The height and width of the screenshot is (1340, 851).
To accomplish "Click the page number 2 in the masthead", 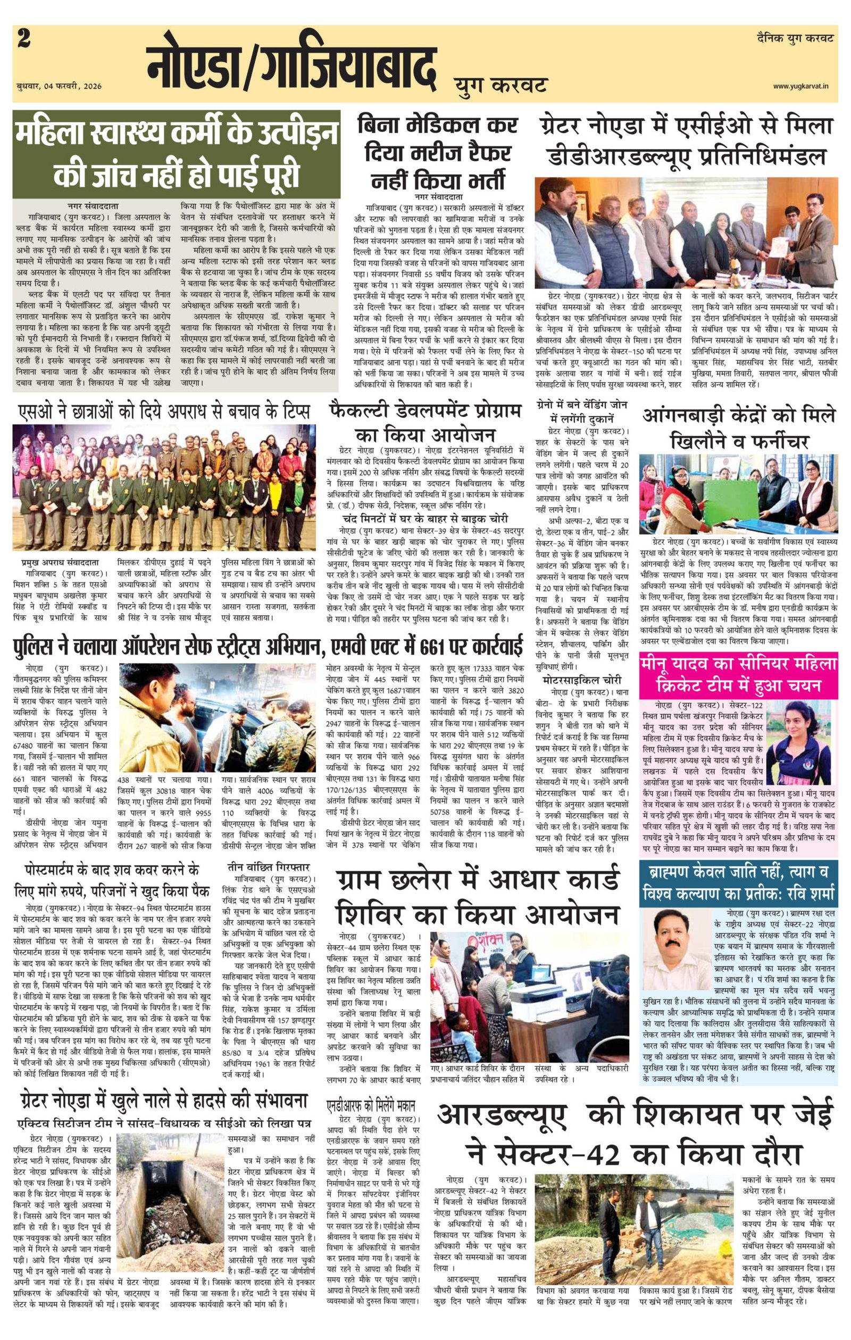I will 24,39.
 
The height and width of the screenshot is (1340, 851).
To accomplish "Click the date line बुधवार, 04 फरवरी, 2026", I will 59,86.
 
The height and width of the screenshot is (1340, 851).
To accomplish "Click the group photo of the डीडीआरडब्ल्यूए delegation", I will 686,233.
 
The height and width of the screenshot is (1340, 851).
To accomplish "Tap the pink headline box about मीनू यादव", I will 738,674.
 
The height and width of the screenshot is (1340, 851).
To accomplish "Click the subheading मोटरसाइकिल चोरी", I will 582,680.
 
